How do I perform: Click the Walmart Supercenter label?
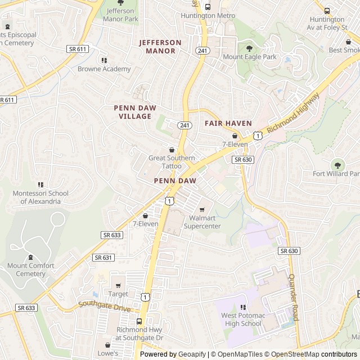pos(202,222)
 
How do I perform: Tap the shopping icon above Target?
pos(118,285)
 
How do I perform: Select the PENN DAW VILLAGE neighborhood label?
pos(135,112)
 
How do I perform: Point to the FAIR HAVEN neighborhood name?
pos(228,123)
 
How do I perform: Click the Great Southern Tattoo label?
pos(172,162)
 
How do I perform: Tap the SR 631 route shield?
pos(103,257)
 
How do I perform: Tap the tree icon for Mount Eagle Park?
pos(249,48)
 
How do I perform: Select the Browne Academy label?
pos(104,69)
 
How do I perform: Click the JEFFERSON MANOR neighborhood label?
pos(160,47)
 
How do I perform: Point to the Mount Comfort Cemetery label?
pos(31,269)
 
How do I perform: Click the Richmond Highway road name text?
pos(293,113)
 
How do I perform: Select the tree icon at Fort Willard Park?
pos(338,165)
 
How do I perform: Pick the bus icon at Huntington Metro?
pos(208,7)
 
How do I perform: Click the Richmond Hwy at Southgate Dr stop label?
pos(139,334)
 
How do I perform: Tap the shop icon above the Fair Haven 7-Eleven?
pos(235,136)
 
